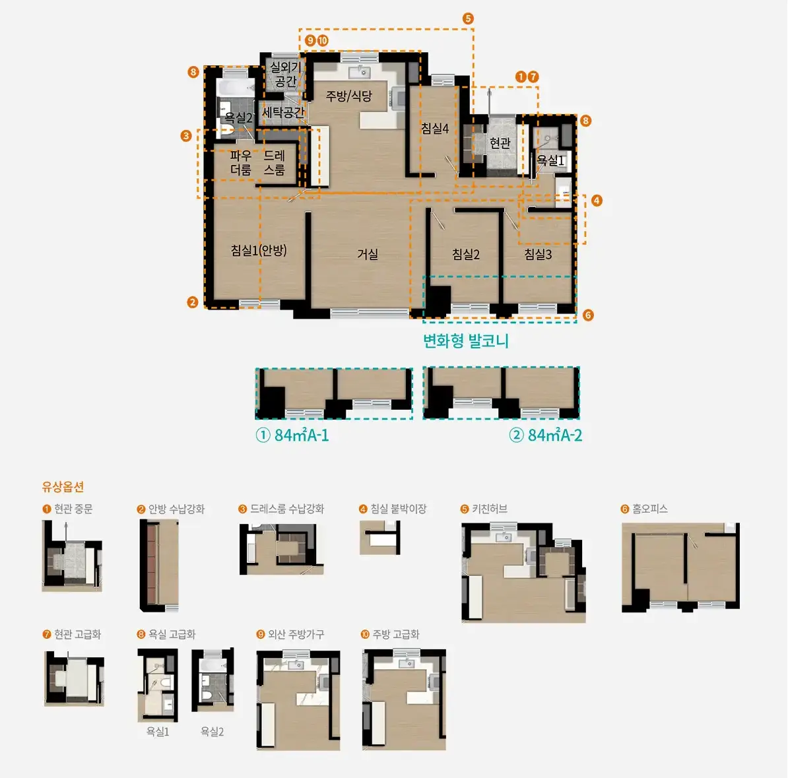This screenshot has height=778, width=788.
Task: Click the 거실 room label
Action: (368, 254)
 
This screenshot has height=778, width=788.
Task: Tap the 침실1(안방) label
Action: (259, 250)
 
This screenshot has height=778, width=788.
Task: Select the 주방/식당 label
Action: (348, 96)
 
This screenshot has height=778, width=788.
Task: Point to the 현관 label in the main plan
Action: (500, 143)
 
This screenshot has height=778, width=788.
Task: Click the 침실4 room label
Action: (435, 129)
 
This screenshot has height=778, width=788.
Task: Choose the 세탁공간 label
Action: (283, 112)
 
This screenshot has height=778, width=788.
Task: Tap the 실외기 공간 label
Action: (286, 74)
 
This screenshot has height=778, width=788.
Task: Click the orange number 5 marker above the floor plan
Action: (468, 18)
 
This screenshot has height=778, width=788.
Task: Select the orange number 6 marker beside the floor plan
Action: (588, 315)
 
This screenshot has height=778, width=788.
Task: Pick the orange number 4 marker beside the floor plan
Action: (597, 201)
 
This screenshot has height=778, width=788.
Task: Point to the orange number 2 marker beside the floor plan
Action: (193, 302)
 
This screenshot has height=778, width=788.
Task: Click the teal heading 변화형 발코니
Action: (466, 341)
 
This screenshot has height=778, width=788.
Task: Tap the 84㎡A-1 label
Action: (292, 436)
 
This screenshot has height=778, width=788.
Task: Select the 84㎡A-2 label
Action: (546, 436)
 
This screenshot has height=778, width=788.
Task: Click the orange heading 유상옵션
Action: (63, 486)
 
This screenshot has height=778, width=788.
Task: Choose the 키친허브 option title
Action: (484, 509)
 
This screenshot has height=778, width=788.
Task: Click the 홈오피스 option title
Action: (644, 509)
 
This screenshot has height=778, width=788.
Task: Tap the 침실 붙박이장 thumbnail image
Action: (380, 538)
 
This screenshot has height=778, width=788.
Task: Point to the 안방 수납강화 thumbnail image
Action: (159, 566)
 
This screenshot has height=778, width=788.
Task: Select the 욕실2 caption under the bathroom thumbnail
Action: (212, 732)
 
